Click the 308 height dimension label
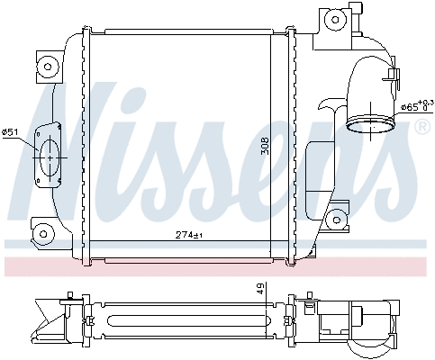[265, 147]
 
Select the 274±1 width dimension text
[190, 236]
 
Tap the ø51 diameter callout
[11, 133]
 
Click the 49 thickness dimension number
[261, 288]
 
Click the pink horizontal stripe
[216, 266]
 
